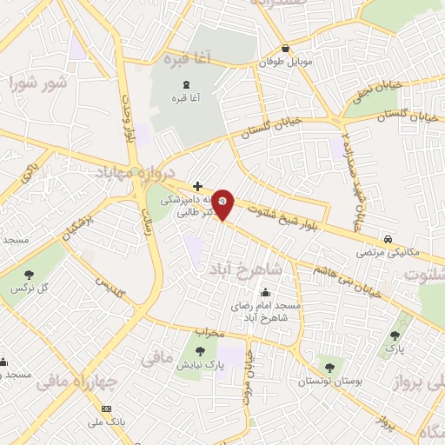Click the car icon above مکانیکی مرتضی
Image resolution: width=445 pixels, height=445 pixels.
point(387,239)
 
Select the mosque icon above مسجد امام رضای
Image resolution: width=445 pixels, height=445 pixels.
point(265,293)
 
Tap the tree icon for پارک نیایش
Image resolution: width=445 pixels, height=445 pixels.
point(201,351)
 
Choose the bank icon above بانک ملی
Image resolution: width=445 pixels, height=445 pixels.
point(107,408)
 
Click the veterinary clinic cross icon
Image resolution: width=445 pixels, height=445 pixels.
point(198,186)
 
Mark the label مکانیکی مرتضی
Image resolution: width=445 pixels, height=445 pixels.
point(387,254)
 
